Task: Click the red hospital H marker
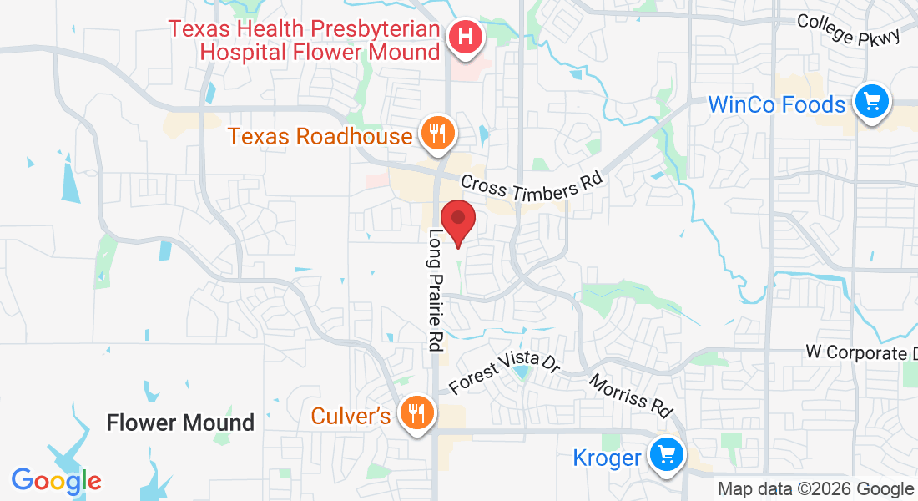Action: [466, 38]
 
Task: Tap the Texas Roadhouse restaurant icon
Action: [436, 132]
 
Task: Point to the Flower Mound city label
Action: [180, 423]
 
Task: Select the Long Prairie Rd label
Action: [436, 289]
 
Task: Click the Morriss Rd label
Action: [631, 395]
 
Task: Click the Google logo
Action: [56, 481]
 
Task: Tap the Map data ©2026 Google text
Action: [815, 489]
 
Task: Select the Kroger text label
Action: [607, 458]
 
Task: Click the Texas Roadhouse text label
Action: [320, 136]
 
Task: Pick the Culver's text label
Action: [351, 415]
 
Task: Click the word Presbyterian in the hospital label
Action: [361, 29]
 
